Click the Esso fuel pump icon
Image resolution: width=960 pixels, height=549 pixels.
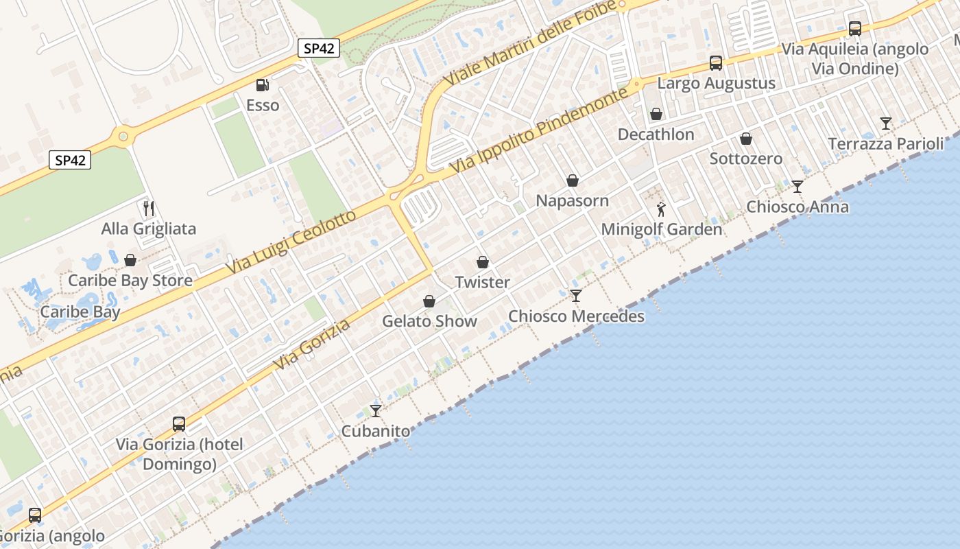click(x=261, y=85)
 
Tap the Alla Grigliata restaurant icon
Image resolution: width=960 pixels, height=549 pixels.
click(x=149, y=208)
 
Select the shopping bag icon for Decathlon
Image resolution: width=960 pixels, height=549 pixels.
click(x=656, y=114)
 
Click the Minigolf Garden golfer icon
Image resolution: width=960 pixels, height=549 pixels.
click(x=661, y=209)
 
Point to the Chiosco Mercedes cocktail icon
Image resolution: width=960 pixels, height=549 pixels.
click(x=575, y=296)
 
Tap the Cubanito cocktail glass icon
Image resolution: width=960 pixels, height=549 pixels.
click(x=375, y=411)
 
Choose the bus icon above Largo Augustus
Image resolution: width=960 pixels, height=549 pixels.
click(x=716, y=63)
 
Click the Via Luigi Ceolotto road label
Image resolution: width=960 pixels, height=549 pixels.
click(x=293, y=241)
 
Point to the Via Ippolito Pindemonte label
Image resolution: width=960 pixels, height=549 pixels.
click(x=540, y=130)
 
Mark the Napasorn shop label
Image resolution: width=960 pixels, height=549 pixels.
click(x=572, y=201)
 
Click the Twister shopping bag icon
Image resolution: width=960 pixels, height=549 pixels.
click(x=483, y=262)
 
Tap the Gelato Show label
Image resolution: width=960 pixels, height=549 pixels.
click(x=429, y=321)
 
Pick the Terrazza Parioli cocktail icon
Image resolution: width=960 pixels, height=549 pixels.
click(x=886, y=124)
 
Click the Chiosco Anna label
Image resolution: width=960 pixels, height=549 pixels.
click(x=797, y=207)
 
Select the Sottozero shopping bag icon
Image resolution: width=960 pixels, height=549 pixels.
click(x=746, y=139)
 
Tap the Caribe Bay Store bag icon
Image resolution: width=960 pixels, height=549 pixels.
click(x=130, y=260)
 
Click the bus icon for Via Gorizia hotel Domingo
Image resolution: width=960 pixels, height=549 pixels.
click(x=179, y=423)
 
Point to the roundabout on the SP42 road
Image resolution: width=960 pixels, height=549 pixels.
click(x=123, y=136)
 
